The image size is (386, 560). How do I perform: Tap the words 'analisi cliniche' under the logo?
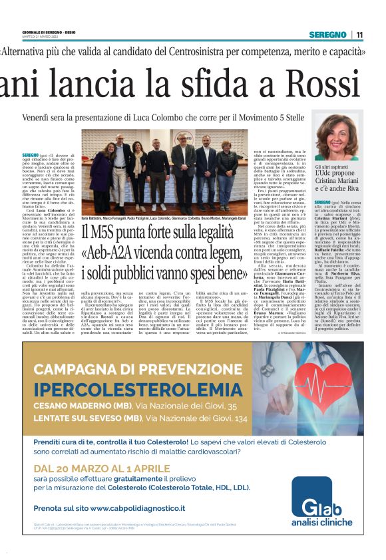click(326, 523)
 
